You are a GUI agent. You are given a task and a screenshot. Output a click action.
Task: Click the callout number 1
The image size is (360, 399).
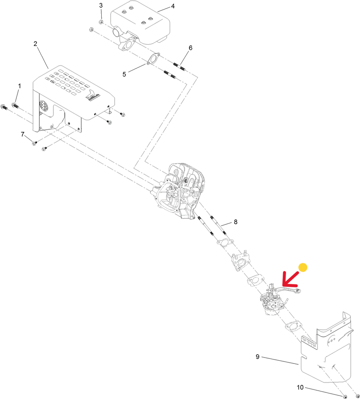tap(20, 86)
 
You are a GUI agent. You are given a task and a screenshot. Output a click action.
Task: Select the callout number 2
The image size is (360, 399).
tap(35, 44)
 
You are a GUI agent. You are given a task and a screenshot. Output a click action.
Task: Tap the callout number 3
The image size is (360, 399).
tap(101, 6)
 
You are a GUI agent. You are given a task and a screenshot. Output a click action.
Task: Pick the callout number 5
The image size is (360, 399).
tap(124, 74)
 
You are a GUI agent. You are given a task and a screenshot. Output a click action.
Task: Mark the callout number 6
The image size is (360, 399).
tap(191, 48)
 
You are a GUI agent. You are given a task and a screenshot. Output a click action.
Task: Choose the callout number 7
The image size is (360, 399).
tap(23, 134)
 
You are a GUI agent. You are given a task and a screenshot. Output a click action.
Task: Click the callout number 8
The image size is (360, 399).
tap(236, 222)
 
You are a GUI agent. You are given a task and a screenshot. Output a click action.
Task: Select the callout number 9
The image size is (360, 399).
tap(258, 356)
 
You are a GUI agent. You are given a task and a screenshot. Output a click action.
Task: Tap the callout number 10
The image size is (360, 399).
tap(300, 387)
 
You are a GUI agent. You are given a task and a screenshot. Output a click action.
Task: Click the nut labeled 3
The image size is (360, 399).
tap(101, 22)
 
